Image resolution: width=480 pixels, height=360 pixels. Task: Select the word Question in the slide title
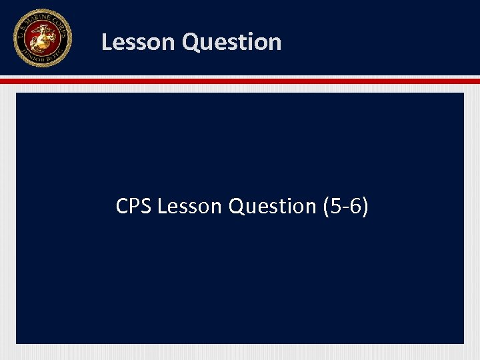tap(231, 42)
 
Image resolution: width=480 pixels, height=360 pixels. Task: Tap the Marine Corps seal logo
tap(42, 38)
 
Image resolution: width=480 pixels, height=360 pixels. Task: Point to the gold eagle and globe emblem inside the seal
tap(42, 37)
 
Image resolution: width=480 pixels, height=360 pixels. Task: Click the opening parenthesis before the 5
tap(326, 207)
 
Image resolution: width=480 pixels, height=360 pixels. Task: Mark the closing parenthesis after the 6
tap(365, 207)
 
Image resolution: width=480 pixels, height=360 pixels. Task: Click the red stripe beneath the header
tap(240, 81)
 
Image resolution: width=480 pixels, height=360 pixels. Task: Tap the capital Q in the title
tap(190, 42)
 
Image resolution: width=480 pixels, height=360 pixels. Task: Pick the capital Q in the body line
tap(237, 207)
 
